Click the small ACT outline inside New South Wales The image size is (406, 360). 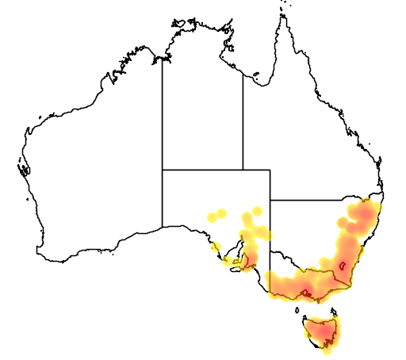click(x=343, y=265)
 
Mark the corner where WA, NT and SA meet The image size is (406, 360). click(x=163, y=170)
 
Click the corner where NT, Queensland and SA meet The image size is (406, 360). click(x=243, y=170)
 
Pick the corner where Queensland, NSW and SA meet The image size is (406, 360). click(x=270, y=201)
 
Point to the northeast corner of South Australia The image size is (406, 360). click(x=270, y=170)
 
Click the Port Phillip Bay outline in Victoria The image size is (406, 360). click(x=306, y=293)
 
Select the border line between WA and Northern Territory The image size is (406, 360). click(x=163, y=111)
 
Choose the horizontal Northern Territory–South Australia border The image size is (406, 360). click(x=202, y=170)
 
